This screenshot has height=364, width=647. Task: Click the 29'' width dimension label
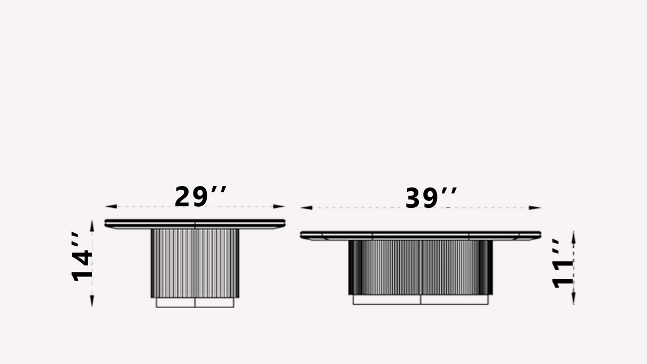[x=200, y=197]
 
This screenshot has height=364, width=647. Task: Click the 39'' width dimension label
[x=431, y=198]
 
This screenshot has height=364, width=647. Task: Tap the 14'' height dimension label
[x=82, y=256]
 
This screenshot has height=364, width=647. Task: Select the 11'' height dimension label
[x=562, y=263]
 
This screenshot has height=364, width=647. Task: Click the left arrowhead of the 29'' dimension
[x=111, y=206]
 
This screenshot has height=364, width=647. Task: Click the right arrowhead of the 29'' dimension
[x=279, y=206]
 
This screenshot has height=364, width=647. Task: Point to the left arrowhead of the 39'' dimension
[x=306, y=207]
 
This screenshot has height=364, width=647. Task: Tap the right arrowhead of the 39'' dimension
[x=535, y=207]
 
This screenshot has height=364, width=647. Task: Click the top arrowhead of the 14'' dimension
[x=92, y=226]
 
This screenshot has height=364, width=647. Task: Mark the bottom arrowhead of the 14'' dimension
[x=92, y=301]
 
